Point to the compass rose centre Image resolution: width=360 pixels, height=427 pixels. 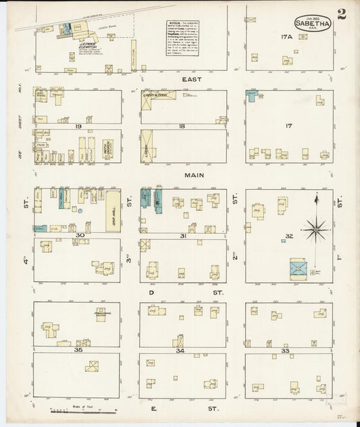click(x=315, y=230)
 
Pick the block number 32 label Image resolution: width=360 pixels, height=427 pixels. click(x=289, y=236)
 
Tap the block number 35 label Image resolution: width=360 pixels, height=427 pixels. click(x=78, y=351)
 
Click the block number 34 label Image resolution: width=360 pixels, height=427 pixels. click(x=180, y=351)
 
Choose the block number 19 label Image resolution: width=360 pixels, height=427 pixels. click(x=78, y=126)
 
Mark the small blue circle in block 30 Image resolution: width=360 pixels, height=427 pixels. click(x=80, y=211)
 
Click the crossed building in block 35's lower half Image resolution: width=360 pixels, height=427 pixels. click(x=93, y=366)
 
